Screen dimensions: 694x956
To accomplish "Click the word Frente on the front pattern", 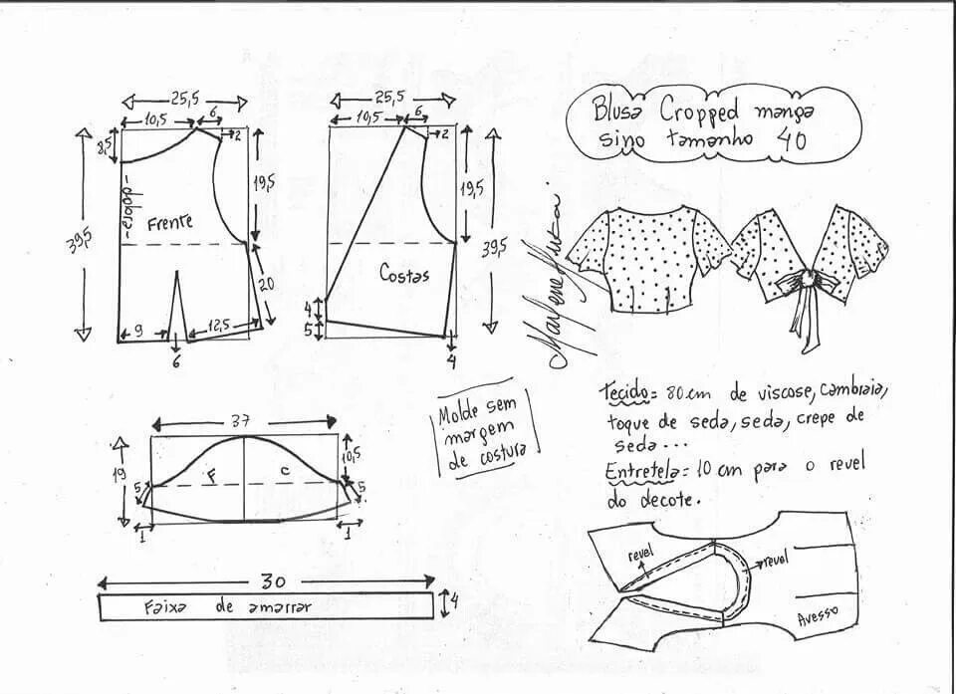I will coord(170,223).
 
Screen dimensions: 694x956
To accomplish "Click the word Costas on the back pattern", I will coord(403,273).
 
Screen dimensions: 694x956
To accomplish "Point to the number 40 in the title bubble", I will coord(791,140).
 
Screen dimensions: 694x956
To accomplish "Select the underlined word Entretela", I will coord(639,470).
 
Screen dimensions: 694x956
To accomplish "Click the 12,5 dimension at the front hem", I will coord(220,326).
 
